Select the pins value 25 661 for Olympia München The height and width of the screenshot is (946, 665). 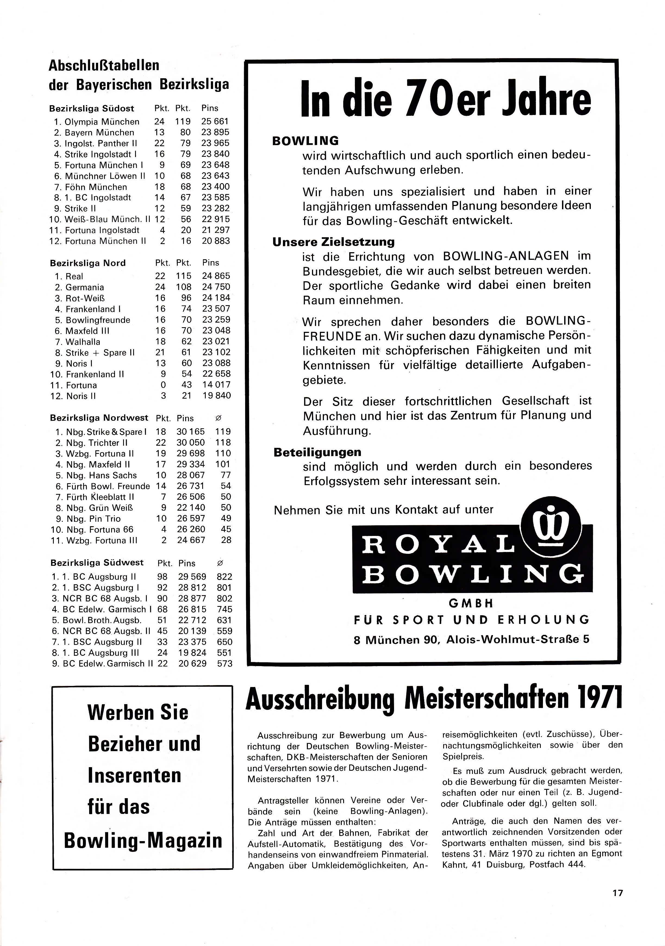point(215,121)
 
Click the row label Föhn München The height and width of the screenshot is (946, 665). point(96,187)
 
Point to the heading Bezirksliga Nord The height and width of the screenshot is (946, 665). point(88,263)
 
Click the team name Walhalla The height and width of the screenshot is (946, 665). point(83,342)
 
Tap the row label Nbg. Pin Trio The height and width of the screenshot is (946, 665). point(93,519)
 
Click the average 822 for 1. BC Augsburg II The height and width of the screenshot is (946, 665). point(224,577)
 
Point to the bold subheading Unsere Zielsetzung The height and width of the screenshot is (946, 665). point(333,242)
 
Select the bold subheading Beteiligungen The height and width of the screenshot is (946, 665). point(317,452)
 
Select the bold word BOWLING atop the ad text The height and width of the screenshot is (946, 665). point(305,141)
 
